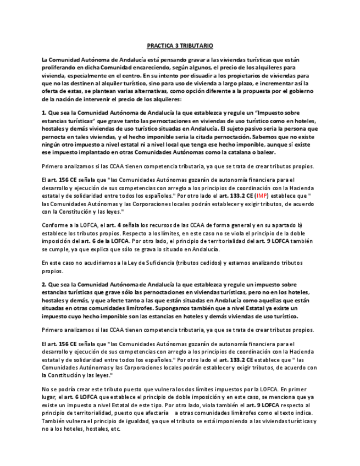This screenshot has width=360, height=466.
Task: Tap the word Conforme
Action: [x=54, y=225]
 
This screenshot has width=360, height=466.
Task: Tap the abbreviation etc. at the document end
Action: [x=115, y=428]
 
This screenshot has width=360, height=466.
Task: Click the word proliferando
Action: [x=59, y=66]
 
